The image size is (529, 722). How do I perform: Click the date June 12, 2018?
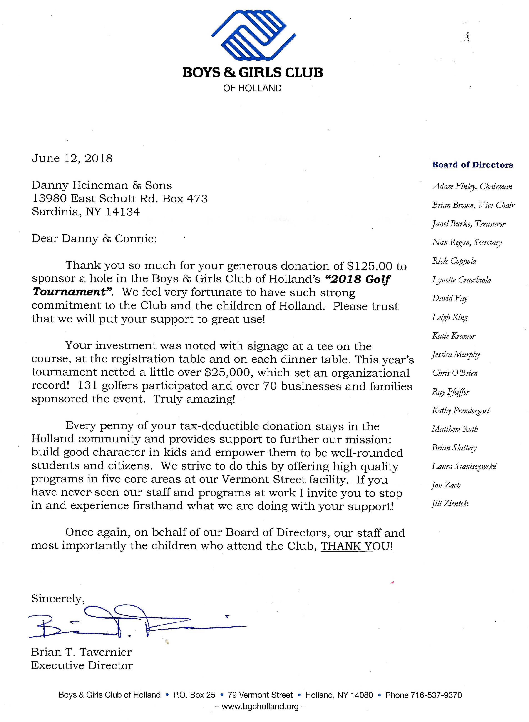point(72,158)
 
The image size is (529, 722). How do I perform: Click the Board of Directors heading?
point(472,165)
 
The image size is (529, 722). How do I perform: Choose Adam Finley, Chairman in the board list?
point(472,186)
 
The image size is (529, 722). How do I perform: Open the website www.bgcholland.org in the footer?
point(260,706)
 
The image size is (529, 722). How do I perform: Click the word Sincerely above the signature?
point(58,598)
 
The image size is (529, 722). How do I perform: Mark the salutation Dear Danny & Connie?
point(94,239)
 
